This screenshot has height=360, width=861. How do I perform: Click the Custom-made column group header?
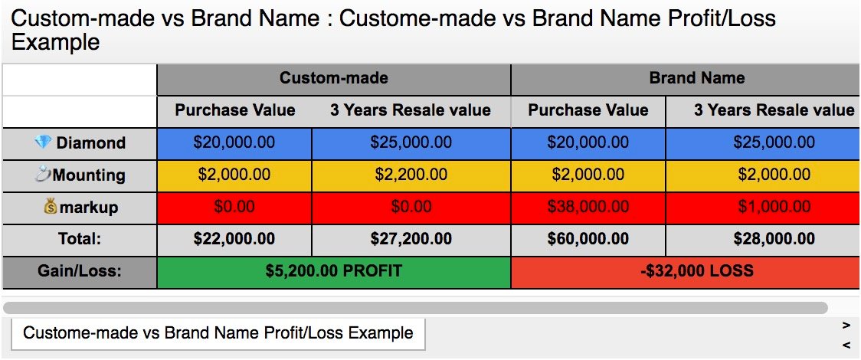click(334, 78)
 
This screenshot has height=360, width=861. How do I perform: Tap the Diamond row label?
click(80, 143)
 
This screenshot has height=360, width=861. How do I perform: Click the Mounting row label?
click(80, 175)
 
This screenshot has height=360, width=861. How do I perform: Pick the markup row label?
click(80, 208)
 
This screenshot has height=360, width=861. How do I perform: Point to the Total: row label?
click(80, 239)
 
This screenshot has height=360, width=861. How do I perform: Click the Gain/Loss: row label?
click(80, 271)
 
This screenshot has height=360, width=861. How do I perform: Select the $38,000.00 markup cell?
click(588, 207)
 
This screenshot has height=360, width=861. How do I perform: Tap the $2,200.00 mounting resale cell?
click(411, 175)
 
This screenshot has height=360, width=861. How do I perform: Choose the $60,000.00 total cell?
click(588, 239)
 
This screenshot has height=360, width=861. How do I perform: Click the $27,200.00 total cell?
click(411, 239)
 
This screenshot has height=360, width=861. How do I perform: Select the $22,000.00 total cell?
click(234, 239)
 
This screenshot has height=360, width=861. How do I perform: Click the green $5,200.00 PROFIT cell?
click(334, 271)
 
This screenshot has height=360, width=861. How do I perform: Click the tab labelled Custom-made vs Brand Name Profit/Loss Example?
click(218, 333)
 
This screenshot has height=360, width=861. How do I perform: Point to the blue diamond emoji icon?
click(42, 142)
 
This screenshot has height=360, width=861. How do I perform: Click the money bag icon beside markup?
click(51, 207)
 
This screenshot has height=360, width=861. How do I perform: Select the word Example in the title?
click(55, 41)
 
